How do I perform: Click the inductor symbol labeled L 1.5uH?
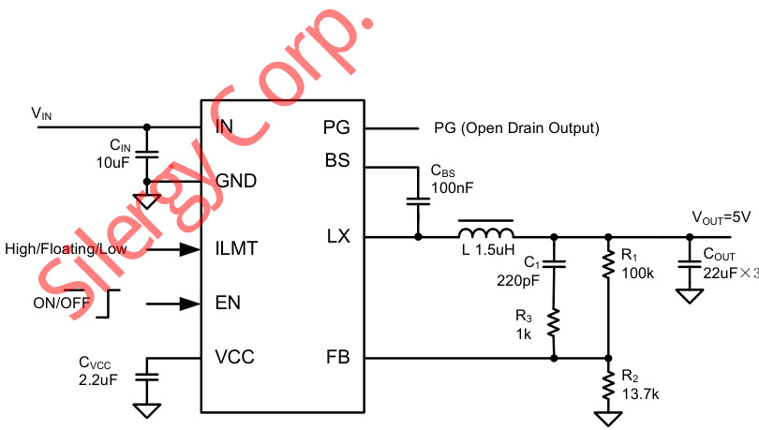485,231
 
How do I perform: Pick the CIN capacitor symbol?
146,152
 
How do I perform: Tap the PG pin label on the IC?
335,127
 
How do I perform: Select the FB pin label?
336,357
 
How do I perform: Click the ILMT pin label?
236,249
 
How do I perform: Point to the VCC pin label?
234,357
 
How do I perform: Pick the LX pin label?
337,236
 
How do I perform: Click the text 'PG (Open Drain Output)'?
516,127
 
